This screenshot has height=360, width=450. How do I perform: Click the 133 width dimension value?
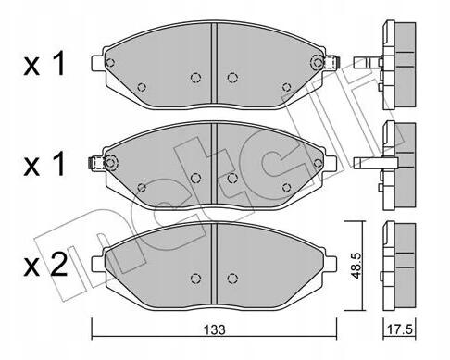pos(214,329)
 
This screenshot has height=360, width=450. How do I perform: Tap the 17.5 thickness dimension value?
pos(400,329)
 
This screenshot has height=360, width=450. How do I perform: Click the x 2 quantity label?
pos(45,265)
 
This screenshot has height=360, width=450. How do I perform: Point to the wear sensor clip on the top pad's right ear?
pos(332,62)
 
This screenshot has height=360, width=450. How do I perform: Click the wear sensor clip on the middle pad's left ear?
pos(95,163)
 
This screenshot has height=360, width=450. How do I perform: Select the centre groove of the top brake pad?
pos(214,63)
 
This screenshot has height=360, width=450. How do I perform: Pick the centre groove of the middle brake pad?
pos(214,164)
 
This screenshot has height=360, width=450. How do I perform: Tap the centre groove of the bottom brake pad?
pos(214,264)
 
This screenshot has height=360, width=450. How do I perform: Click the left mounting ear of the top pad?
pos(98,63)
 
